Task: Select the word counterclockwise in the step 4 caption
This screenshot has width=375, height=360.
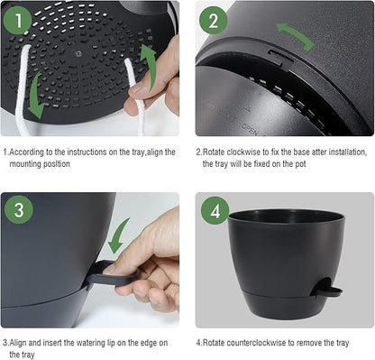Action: [x=248, y=342]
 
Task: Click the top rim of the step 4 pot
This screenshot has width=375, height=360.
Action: [x=286, y=217]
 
